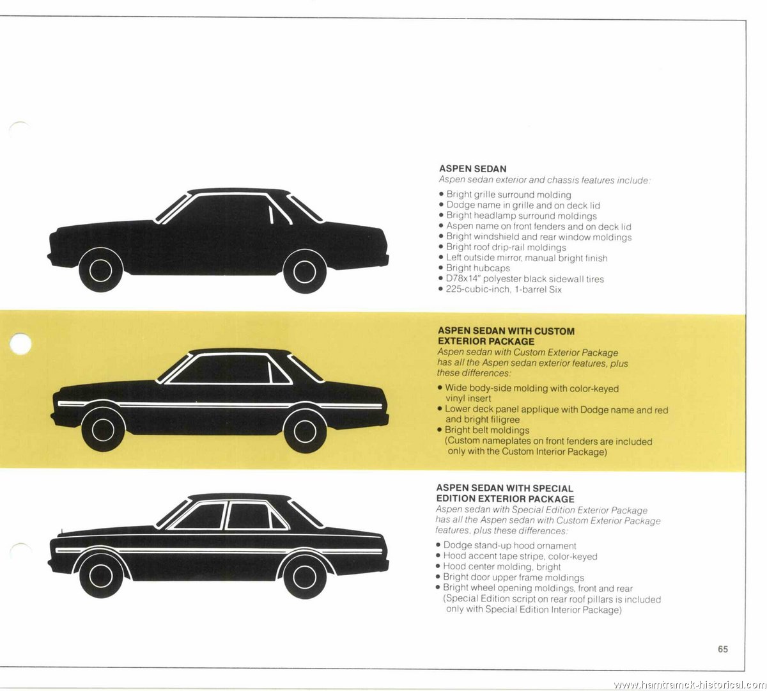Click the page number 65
coord(723,649)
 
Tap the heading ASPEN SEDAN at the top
coord(472,169)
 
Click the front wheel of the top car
coord(101,270)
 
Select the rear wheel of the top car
coord(305,271)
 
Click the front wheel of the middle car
coord(103,430)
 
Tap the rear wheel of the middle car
coord(305,431)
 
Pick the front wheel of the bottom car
coord(102,576)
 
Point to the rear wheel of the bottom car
coord(305,576)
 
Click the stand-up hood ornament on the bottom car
coord(61,532)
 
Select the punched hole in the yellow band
coord(20,344)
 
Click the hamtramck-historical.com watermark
coord(690,685)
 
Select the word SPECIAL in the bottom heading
coord(553,488)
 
